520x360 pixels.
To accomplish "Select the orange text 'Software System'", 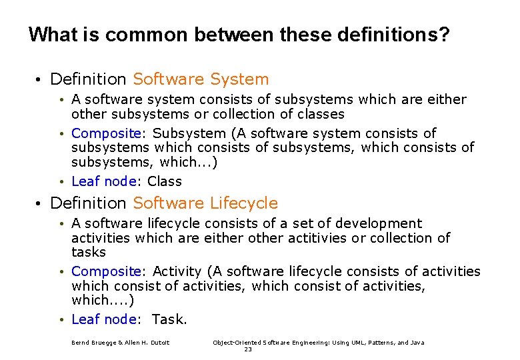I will click(201, 79).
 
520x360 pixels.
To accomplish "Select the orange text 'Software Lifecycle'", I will click(205, 203).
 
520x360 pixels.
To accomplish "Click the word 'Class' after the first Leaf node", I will click(165, 181).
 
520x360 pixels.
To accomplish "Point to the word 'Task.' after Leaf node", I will click(170, 319).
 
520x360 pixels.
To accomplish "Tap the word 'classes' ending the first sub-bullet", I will click(319, 114).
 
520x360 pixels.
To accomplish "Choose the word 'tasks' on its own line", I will click(89, 252).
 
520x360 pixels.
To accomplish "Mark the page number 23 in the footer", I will click(248, 349).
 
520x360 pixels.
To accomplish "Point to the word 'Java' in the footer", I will click(417, 343).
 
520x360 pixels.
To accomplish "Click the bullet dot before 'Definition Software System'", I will click(40, 80).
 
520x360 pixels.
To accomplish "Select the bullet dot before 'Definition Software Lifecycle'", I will click(40, 203).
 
